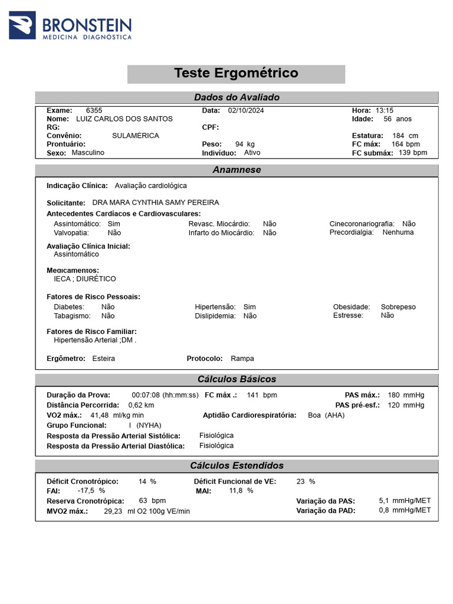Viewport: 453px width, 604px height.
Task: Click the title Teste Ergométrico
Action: [236, 73]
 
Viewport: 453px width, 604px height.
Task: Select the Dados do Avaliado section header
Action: [237, 97]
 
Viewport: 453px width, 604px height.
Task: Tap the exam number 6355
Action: [94, 110]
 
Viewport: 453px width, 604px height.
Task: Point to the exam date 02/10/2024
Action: [245, 110]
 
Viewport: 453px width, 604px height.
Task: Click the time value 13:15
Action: [384, 110]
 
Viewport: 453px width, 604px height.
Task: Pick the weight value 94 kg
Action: [245, 144]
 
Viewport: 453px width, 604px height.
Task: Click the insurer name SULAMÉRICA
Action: [135, 136]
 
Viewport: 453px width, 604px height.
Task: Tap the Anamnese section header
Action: [237, 170]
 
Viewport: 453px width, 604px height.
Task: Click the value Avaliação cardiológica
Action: [150, 185]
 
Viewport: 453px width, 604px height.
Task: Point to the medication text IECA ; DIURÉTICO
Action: [85, 279]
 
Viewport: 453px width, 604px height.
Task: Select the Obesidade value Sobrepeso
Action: [398, 307]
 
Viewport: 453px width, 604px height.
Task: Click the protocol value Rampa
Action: [242, 359]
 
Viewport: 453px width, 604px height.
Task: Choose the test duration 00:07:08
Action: [146, 395]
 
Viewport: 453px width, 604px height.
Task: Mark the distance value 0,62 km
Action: [141, 405]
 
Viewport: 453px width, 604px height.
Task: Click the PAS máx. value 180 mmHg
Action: [406, 395]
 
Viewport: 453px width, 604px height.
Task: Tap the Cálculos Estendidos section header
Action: [237, 465]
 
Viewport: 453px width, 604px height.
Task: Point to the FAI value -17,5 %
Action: [91, 491]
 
